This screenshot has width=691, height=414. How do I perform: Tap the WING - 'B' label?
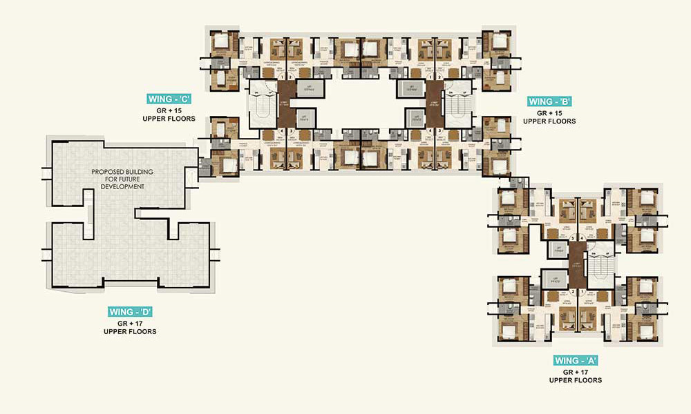tap(550, 102)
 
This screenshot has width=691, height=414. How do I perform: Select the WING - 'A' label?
tap(575, 361)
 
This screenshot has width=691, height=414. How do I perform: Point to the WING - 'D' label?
tap(129, 312)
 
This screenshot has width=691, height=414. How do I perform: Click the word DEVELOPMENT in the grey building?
tap(121, 187)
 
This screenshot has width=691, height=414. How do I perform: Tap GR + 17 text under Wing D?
tap(130, 322)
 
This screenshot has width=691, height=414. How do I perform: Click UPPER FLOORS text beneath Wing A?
tap(575, 380)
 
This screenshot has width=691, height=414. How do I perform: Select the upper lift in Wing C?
tap(305, 88)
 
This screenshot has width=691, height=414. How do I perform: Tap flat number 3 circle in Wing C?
tap(292, 130)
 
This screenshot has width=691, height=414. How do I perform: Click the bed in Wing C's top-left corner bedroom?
tap(221, 41)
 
